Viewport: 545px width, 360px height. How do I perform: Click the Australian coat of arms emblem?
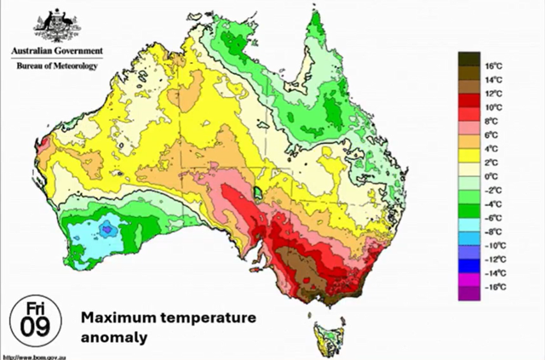click(55, 26)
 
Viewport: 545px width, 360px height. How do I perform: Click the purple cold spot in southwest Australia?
click(107, 229)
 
